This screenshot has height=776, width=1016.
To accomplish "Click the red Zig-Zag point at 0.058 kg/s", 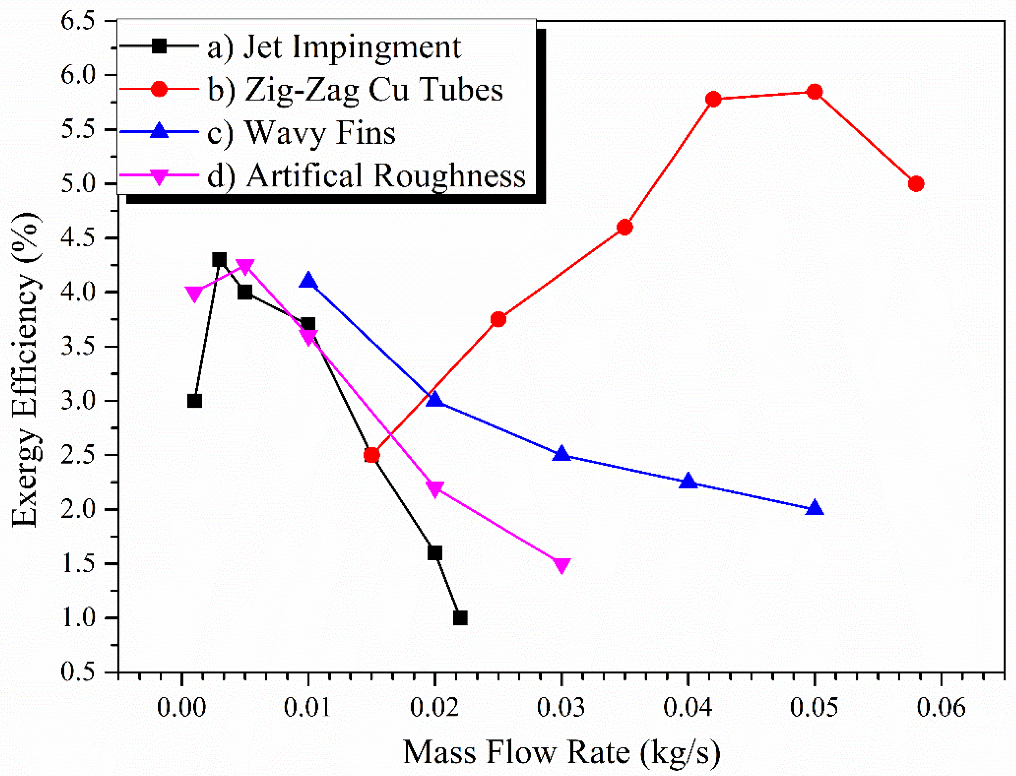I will click(915, 184).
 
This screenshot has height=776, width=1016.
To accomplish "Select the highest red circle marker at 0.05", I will click(814, 91).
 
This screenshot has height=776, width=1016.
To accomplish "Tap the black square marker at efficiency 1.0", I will click(460, 617).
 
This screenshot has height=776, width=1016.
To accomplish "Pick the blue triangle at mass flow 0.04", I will click(688, 481).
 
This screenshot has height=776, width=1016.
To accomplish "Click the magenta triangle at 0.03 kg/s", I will click(561, 565).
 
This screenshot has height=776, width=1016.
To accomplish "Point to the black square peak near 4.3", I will click(219, 259).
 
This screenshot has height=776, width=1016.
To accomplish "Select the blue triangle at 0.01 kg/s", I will click(308, 281).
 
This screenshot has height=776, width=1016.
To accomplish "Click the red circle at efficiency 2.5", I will click(372, 455).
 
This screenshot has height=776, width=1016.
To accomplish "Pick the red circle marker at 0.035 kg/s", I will click(624, 227).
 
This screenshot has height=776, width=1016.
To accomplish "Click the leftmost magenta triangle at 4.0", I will click(194, 293).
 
